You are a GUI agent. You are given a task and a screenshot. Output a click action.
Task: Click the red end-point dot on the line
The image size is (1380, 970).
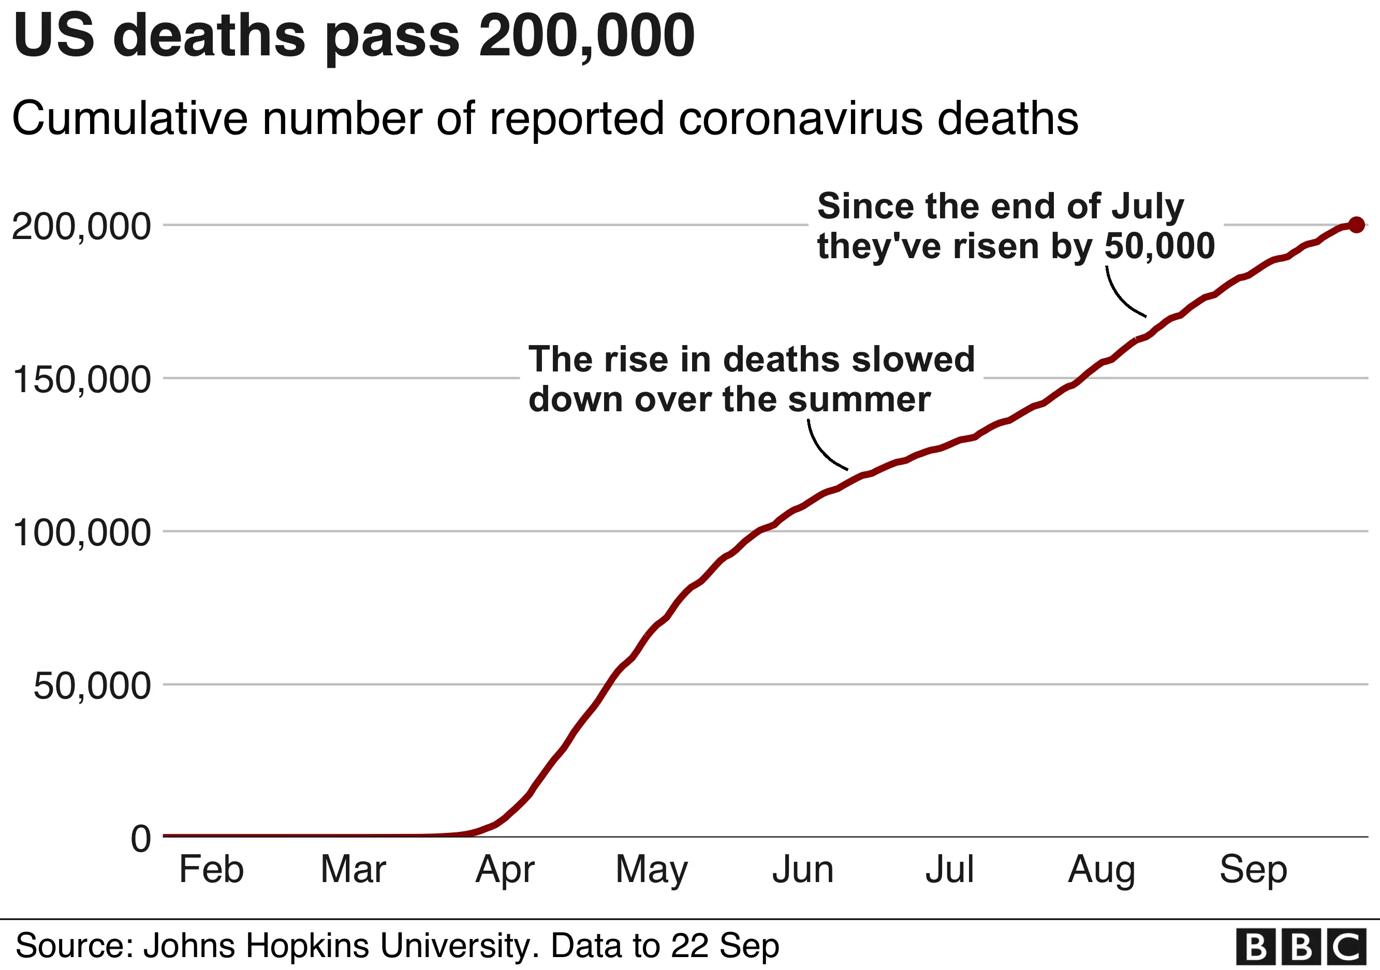click(1356, 225)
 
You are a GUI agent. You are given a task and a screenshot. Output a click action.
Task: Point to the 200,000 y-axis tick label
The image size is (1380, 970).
click(81, 227)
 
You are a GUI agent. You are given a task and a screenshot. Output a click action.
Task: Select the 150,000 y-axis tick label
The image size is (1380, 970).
click(81, 380)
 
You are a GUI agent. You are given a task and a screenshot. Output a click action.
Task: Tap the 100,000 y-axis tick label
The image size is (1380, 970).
click(81, 533)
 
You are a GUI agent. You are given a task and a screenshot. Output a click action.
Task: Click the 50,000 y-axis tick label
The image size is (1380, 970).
click(91, 686)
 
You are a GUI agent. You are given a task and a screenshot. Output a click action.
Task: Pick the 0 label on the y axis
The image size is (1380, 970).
click(141, 839)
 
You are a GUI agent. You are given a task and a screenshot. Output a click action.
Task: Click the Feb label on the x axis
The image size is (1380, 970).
click(212, 869)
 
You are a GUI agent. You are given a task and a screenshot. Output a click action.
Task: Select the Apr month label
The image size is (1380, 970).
click(505, 870)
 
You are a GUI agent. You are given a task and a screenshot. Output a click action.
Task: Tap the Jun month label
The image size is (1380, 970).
click(803, 869)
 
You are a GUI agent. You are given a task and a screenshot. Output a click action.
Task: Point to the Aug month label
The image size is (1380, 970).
click(1102, 870)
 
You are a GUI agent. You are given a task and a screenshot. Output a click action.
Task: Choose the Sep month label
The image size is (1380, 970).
click(1253, 870)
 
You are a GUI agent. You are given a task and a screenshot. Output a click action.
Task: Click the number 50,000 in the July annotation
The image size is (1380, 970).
click(1159, 246)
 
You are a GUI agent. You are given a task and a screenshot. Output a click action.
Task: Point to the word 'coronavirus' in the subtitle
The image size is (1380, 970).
click(801, 118)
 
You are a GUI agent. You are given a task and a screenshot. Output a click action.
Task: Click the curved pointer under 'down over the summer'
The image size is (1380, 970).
click(821, 447)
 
